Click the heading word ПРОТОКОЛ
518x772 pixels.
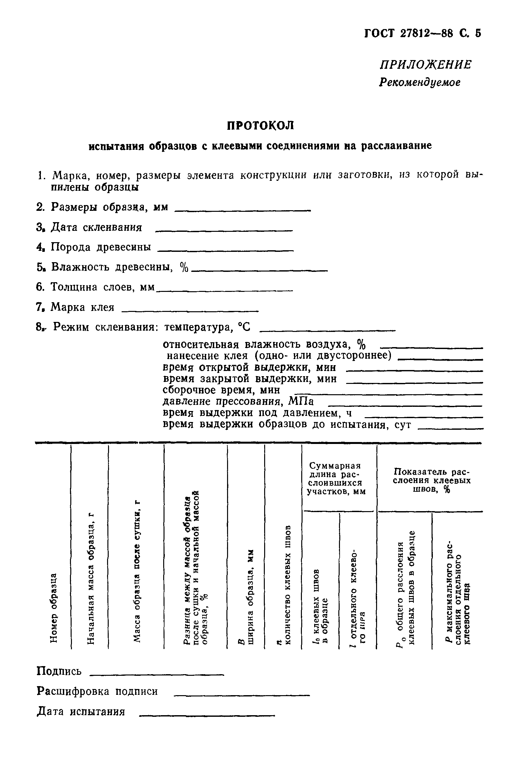click(x=260, y=126)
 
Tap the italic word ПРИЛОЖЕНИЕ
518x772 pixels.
click(x=425, y=65)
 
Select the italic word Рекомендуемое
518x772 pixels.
click(x=419, y=82)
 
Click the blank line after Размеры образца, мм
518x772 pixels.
click(x=242, y=210)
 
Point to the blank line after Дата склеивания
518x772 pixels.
click(x=224, y=230)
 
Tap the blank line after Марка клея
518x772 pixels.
click(x=190, y=311)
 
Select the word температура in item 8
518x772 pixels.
click(x=197, y=327)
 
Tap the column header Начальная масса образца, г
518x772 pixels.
click(x=91, y=579)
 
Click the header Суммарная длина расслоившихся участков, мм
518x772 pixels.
click(x=336, y=479)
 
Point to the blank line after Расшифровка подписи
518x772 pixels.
click(x=241, y=695)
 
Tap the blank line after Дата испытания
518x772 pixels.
click(x=207, y=715)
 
